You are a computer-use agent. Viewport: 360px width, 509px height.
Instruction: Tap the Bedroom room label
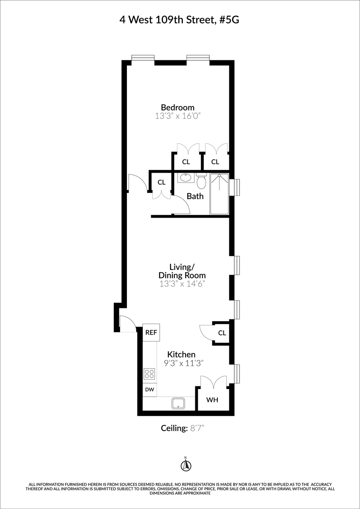(177, 107)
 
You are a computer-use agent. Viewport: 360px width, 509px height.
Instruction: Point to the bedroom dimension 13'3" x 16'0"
(177, 116)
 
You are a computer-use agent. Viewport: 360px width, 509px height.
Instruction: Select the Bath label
(195, 196)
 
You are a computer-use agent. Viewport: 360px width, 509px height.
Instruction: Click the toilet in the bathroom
(201, 182)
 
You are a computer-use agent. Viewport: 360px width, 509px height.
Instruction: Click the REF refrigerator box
(151, 333)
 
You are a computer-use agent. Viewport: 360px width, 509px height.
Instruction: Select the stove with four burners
(149, 374)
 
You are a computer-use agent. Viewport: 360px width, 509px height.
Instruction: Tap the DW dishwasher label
(149, 389)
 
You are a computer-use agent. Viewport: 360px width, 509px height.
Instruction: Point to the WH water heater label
(212, 400)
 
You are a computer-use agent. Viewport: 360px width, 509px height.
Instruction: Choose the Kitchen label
(181, 354)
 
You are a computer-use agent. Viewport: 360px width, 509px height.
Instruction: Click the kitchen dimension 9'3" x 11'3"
(184, 363)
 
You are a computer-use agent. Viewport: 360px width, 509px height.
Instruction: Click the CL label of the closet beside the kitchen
(222, 333)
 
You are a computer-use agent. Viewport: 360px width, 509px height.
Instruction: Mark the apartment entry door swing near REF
(127, 324)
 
